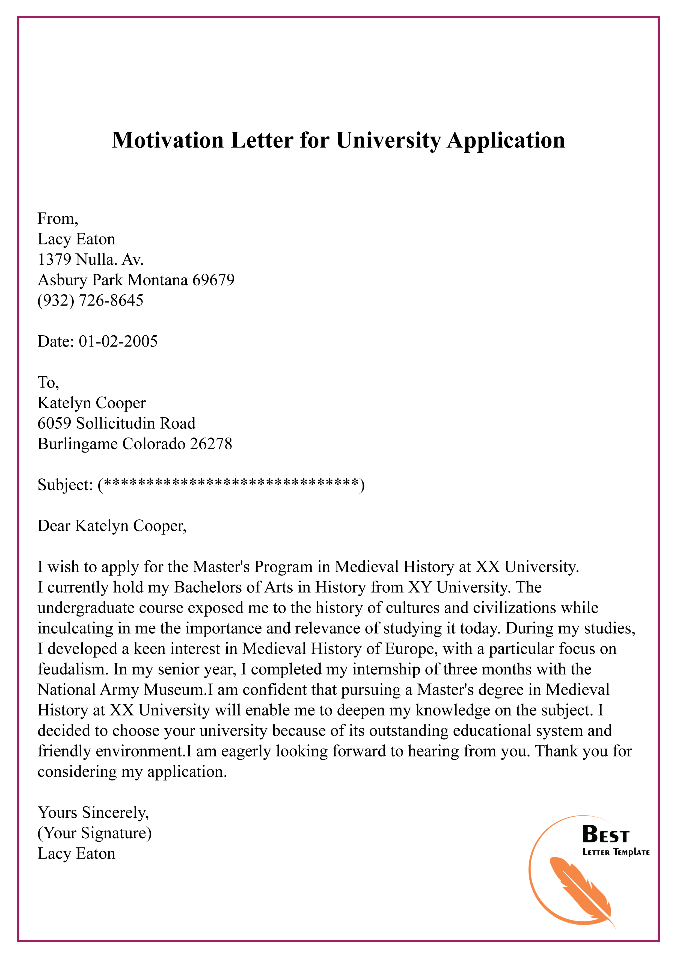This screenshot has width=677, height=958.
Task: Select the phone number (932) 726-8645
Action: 91,300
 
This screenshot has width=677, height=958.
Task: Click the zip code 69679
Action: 213,280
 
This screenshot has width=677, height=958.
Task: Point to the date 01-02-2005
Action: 118,341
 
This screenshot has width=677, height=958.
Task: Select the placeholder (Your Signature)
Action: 95,833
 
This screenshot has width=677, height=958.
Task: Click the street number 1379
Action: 54,259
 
